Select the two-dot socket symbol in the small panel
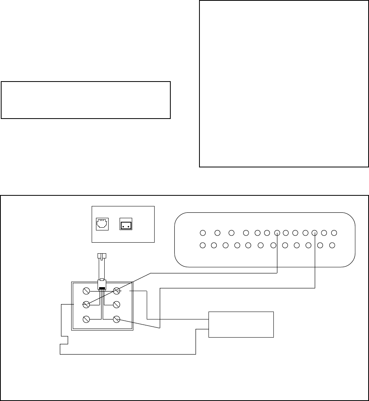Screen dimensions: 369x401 [126, 224]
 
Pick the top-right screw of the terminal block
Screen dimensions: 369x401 [116, 291]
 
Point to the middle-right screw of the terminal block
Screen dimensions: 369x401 [116, 304]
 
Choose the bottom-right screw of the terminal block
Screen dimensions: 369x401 [116, 319]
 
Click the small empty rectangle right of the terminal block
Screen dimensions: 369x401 [241, 324]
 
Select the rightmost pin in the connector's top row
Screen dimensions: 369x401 [334, 232]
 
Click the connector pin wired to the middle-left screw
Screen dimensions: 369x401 [277, 232]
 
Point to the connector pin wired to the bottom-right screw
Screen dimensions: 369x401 [315, 232]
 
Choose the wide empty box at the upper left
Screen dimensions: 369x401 [86, 100]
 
